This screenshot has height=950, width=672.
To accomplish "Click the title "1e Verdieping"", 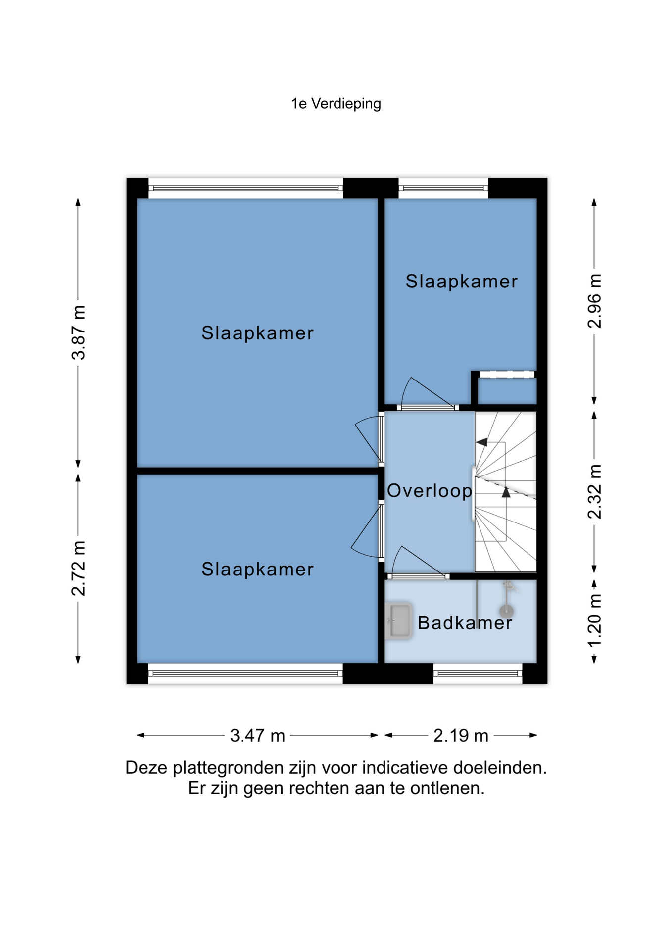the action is click(x=336, y=104).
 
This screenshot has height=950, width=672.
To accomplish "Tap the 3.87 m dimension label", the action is click(x=79, y=332).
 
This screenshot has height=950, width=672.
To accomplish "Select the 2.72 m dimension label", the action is click(x=79, y=569).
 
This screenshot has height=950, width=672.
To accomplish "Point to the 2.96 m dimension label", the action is click(x=595, y=301).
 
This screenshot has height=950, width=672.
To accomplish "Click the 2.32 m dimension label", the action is click(x=595, y=492).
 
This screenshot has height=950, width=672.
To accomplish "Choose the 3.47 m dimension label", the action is click(x=257, y=736).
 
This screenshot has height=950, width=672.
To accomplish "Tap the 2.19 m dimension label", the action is click(x=461, y=736).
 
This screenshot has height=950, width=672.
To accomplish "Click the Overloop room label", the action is click(x=430, y=491).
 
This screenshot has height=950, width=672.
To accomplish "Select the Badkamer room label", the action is click(x=465, y=623).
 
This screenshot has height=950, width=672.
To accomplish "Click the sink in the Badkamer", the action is click(x=398, y=620).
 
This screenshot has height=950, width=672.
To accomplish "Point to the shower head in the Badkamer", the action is click(x=507, y=610).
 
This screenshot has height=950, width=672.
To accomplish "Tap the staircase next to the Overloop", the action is click(x=505, y=492).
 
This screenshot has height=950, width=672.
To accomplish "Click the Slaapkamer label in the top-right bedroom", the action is click(x=462, y=282).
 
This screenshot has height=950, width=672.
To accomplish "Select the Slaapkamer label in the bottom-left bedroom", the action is click(x=257, y=570).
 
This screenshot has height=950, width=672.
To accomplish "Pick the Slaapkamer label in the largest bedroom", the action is click(x=257, y=333).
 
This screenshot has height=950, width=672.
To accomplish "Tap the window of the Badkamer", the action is click(x=478, y=673).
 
